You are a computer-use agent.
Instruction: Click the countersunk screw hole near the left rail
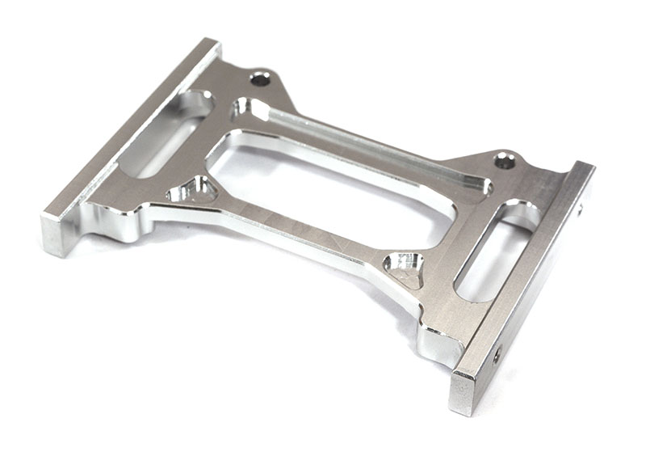[x=260, y=79]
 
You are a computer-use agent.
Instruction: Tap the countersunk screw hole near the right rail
[x=505, y=161]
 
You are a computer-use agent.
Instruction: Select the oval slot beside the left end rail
[x=166, y=133]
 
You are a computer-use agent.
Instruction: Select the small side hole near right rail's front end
[x=497, y=353]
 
